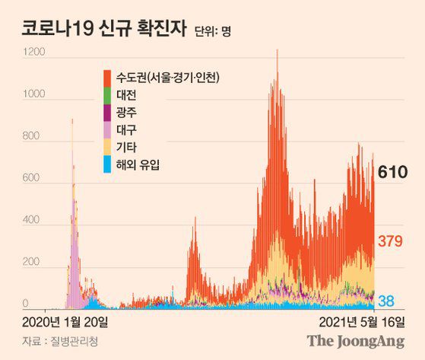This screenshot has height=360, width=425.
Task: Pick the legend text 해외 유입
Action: [x=138, y=164]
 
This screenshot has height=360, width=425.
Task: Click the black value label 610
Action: [x=393, y=174]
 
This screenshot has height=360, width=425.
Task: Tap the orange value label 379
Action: [x=391, y=242]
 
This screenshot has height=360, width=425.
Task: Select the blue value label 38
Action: [x=387, y=300]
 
